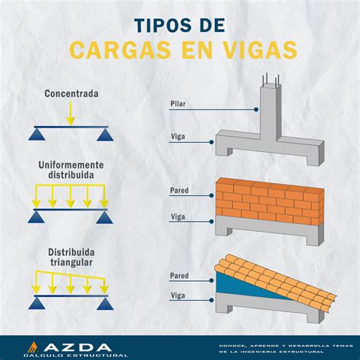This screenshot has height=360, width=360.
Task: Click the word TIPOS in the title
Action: coord(156,24)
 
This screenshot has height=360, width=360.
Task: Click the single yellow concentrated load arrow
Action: coord(69,113)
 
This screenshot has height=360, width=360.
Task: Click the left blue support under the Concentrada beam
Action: coord(35,134)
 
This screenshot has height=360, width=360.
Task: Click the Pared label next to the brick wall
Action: coord(180,191)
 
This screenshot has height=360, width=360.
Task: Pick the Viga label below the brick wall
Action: coord(178,217)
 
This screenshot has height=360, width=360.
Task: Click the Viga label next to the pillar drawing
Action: coord(178,137)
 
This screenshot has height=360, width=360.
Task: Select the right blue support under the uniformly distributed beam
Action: coord(103,218)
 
